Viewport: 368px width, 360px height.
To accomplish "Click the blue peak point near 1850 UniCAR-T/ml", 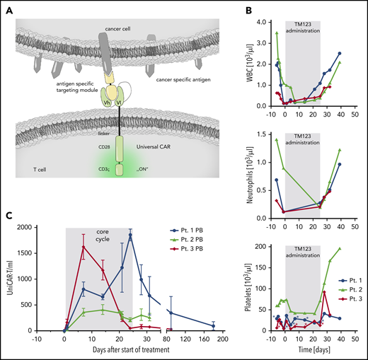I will coord(131,235).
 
